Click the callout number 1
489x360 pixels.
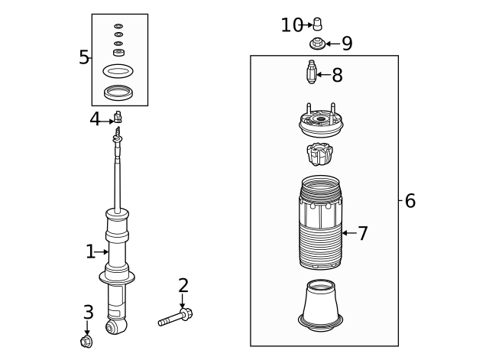(90, 251)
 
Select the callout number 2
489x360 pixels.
(183, 286)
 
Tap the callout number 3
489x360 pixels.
(88, 312)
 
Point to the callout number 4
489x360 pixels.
(95, 118)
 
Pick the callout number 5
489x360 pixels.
(84, 57)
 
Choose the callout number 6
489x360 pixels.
(410, 201)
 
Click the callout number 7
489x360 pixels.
(363, 233)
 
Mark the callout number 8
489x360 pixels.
(337, 75)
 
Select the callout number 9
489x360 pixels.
(347, 44)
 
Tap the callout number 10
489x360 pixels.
(292, 25)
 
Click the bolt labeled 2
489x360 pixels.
(175, 318)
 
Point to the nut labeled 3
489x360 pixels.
(86, 341)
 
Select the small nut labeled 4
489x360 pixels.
(118, 118)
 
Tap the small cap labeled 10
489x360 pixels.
(318, 24)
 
